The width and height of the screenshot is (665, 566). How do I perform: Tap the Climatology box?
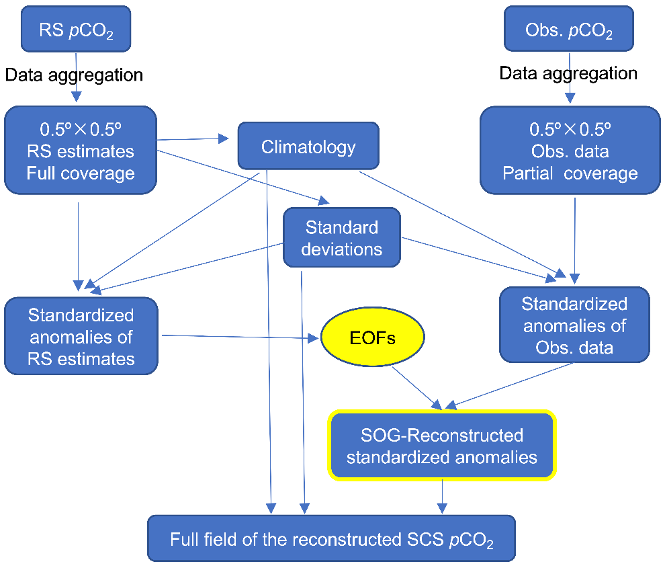coord(308,145)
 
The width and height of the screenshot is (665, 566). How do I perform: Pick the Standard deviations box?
coord(341,238)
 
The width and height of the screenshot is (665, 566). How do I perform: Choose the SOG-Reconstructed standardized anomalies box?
coord(442,446)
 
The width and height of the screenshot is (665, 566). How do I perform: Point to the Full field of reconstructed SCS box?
coord(331,538)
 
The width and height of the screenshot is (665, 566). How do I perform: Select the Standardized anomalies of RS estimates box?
coord(81,337)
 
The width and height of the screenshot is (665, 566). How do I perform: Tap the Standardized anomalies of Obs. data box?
coord(574,325)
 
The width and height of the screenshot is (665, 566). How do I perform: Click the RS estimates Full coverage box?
coord(81,151)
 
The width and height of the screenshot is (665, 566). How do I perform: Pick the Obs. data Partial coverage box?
coord(570,151)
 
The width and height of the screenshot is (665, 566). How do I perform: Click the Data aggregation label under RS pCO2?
coord(74,75)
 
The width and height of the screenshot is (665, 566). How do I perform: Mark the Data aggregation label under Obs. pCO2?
coord(568,73)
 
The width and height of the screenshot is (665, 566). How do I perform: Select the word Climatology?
coord(308,146)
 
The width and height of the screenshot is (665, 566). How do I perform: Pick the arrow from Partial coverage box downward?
coord(575,238)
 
